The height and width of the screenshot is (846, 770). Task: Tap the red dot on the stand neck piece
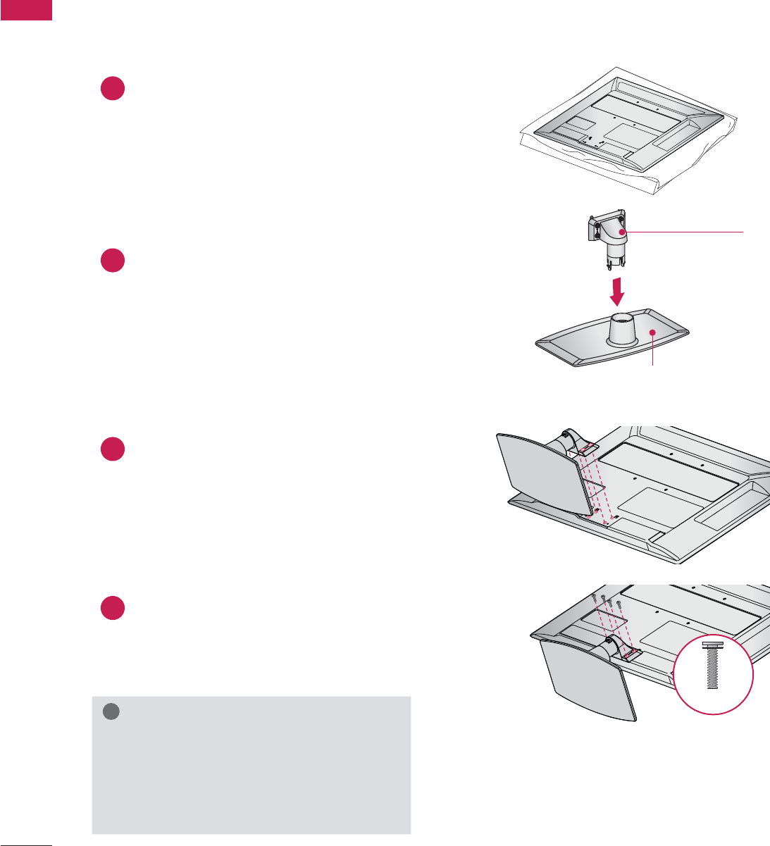pos(622,232)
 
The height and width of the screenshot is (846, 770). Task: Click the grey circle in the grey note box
pos(111,712)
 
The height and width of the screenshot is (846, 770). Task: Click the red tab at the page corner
pos(26,9)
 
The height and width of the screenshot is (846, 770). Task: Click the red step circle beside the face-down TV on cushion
pos(113,88)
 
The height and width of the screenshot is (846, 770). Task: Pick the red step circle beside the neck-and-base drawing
pos(113,261)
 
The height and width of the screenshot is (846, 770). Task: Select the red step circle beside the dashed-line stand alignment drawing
pos(113,449)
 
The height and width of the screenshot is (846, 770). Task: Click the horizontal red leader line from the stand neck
pos(683,232)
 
